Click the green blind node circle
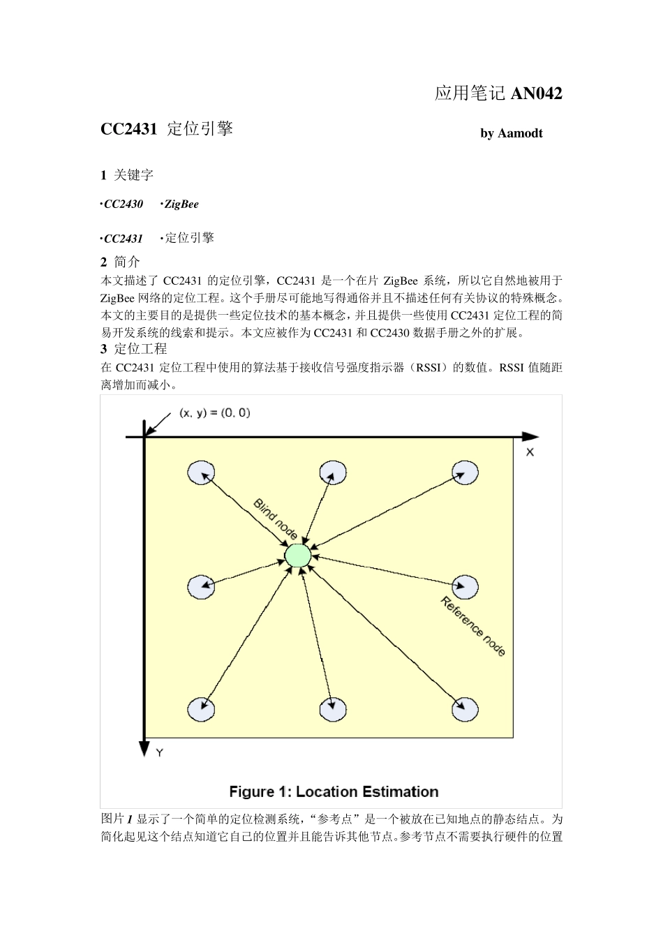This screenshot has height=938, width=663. coord(298,555)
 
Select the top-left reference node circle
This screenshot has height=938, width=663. coord(201,472)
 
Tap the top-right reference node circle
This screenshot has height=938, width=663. coord(464,472)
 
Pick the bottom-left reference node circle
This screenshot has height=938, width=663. coord(201,709)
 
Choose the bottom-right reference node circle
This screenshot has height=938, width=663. coord(464,709)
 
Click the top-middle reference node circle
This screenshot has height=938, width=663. coord(333,472)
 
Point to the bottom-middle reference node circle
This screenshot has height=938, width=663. coord(333,709)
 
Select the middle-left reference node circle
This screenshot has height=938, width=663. coord(201,586)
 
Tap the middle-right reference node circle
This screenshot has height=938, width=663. coord(464,586)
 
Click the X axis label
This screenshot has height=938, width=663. coord(530,452)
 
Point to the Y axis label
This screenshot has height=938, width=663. coord(159,753)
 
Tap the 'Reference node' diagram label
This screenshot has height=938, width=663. coord(473,626)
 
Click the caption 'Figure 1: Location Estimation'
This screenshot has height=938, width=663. coord(334,792)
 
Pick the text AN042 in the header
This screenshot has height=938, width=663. coord(536,94)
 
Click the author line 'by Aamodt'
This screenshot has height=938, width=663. coord(511,133)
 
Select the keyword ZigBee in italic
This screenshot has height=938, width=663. coord(181,204)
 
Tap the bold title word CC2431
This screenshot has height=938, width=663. coord(129,129)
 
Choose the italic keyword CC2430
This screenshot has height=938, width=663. coord(124,204)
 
